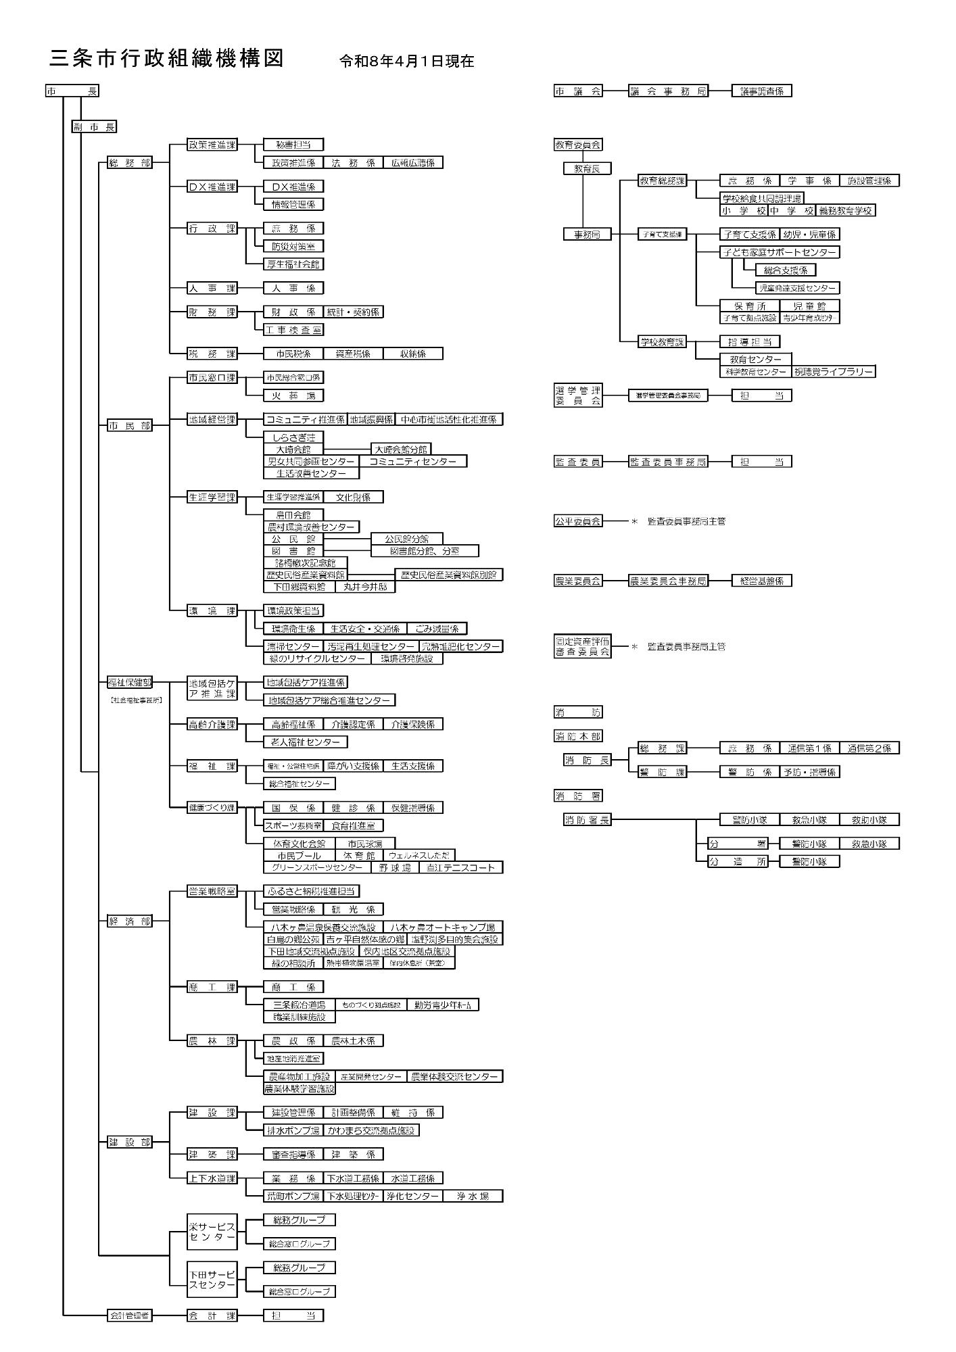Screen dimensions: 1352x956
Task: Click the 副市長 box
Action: tap(94, 126)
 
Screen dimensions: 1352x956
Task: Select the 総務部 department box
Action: tap(130, 162)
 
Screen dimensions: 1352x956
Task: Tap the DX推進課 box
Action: tap(212, 187)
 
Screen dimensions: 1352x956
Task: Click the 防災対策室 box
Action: tap(293, 247)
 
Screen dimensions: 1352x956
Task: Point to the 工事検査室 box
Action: tap(293, 330)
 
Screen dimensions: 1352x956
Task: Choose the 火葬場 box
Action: tap(293, 395)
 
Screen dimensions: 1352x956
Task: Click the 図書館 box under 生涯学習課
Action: tap(293, 551)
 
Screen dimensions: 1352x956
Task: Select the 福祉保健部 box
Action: tap(130, 682)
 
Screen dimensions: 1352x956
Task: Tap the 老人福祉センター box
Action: tap(305, 742)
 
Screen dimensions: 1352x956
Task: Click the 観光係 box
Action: tap(353, 909)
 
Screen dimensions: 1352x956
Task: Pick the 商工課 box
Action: tap(212, 987)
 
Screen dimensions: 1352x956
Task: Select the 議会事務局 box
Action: tap(668, 91)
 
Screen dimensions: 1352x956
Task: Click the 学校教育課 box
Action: tap(662, 341)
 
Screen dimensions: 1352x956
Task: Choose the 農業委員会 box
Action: tap(578, 581)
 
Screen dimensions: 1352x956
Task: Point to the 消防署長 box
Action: tap(587, 820)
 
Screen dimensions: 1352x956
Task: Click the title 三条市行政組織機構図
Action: tap(166, 59)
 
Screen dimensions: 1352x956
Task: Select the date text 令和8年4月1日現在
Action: tap(406, 62)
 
